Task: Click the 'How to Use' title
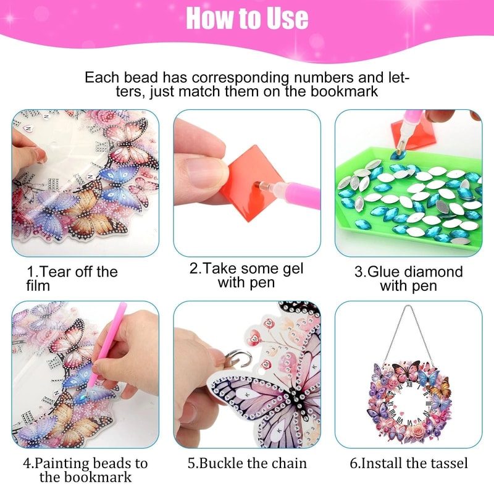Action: pyautogui.click(x=247, y=19)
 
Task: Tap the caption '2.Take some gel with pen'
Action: pyautogui.click(x=246, y=276)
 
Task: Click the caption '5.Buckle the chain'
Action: pyautogui.click(x=247, y=463)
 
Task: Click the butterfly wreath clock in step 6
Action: pyautogui.click(x=408, y=401)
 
